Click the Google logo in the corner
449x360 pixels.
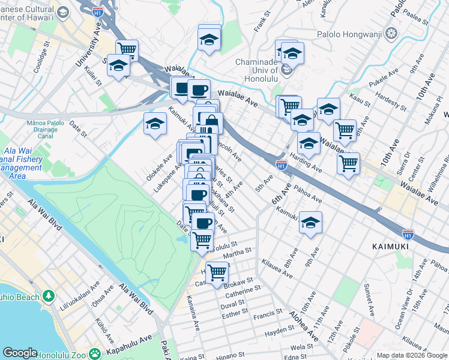20,353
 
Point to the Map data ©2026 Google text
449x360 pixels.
411,355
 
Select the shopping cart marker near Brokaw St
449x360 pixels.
217,272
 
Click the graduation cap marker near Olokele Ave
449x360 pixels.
155,124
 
